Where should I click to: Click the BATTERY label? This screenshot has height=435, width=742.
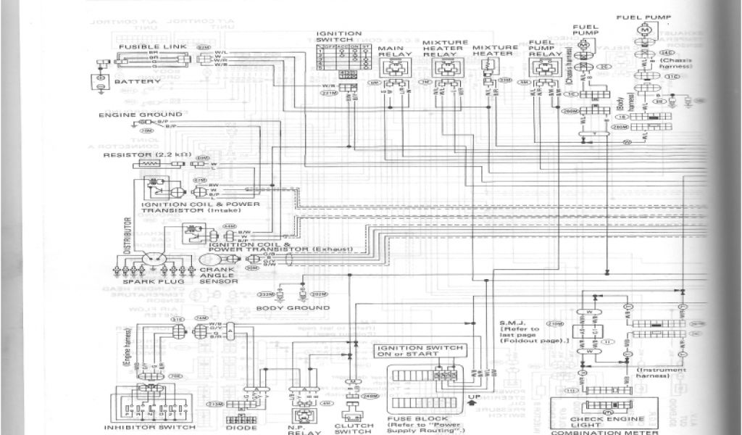(x=137, y=82)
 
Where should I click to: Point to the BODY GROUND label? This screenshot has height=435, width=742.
(x=283, y=307)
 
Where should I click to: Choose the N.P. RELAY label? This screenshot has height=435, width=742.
(x=299, y=427)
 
